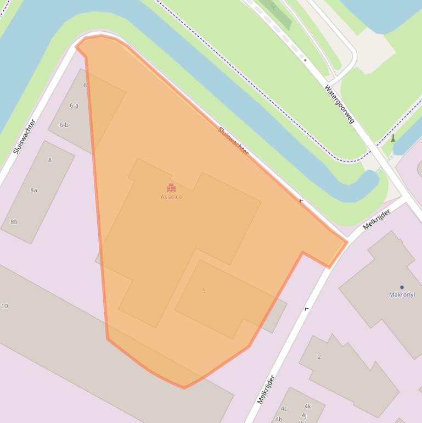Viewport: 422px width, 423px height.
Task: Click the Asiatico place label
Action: click(x=171, y=197)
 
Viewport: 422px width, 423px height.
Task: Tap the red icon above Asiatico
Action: click(x=171, y=188)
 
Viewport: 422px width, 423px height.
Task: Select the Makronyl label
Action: click(x=402, y=294)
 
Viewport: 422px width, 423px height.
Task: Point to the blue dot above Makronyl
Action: click(x=402, y=287)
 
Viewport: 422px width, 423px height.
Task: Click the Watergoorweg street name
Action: click(x=340, y=104)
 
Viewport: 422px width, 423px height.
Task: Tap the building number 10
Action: click(x=4, y=306)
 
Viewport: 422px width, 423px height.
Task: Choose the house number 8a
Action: click(x=33, y=190)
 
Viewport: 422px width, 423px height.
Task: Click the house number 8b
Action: click(x=14, y=222)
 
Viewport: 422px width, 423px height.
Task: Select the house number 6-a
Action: click(x=74, y=105)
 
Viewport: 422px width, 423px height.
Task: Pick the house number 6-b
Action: click(x=64, y=125)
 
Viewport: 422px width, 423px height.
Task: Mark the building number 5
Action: click(x=204, y=291)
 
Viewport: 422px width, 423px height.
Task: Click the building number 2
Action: click(x=319, y=357)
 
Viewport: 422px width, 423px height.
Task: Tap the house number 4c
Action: click(x=284, y=409)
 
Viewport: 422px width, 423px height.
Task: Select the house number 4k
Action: click(x=307, y=407)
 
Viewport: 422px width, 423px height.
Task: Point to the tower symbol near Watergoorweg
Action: click(x=393, y=138)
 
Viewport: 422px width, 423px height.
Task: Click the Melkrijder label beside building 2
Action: click(x=265, y=389)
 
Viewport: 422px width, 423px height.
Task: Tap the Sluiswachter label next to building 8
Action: click(x=24, y=136)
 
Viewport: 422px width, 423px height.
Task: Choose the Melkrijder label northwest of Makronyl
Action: click(x=376, y=220)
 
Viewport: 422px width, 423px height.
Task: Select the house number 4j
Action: click(x=303, y=415)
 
